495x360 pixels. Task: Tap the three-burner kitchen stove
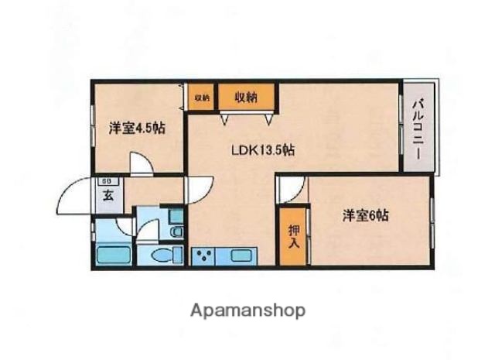(205, 255)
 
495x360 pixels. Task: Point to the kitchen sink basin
(241, 255)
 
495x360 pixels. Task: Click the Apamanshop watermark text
(247, 310)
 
